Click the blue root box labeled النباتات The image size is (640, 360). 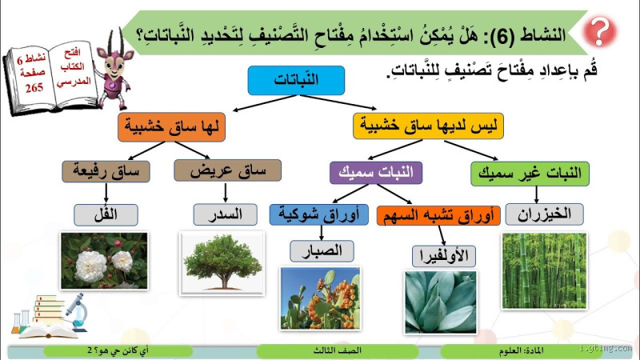tap(296, 80)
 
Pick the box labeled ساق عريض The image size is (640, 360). tap(227, 170)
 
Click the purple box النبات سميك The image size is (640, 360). tap(377, 172)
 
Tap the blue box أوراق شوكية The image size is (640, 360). tap(318, 214)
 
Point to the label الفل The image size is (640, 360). tap(106, 214)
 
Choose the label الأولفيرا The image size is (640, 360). tap(443, 256)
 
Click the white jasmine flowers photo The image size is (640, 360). tap(104, 260)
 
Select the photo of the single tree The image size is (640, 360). tap(222, 260)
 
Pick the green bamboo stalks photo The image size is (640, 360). tap(544, 270)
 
